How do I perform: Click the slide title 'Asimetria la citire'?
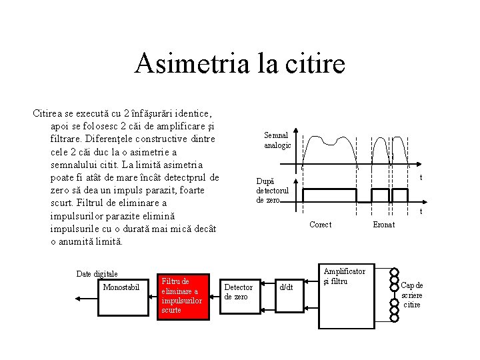pos(240,64)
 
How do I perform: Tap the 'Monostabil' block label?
pos(121,287)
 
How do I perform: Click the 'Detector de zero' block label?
pos(238,292)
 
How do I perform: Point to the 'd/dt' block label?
pos(286,287)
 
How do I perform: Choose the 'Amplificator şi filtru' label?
pos(344,276)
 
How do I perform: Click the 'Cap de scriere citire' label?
pos(411,295)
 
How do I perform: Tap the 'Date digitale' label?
pos(97,274)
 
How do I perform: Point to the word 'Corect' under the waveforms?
pos(320,225)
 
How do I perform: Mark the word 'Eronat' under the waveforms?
pos(383,225)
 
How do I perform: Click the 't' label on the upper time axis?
pos(421,178)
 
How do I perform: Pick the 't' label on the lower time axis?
pos(421,212)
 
